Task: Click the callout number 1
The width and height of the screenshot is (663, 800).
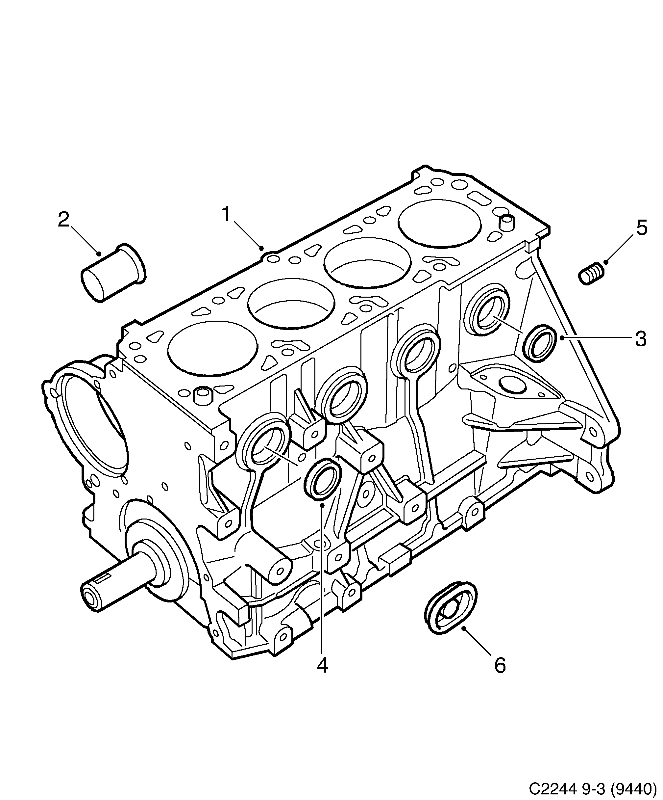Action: [x=227, y=214]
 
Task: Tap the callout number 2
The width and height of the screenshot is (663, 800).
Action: [x=63, y=220]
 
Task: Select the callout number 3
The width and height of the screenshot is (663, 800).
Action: [x=641, y=338]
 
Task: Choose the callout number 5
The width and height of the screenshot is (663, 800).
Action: [x=642, y=228]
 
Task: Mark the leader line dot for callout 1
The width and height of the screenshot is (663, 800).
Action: [x=261, y=248]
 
